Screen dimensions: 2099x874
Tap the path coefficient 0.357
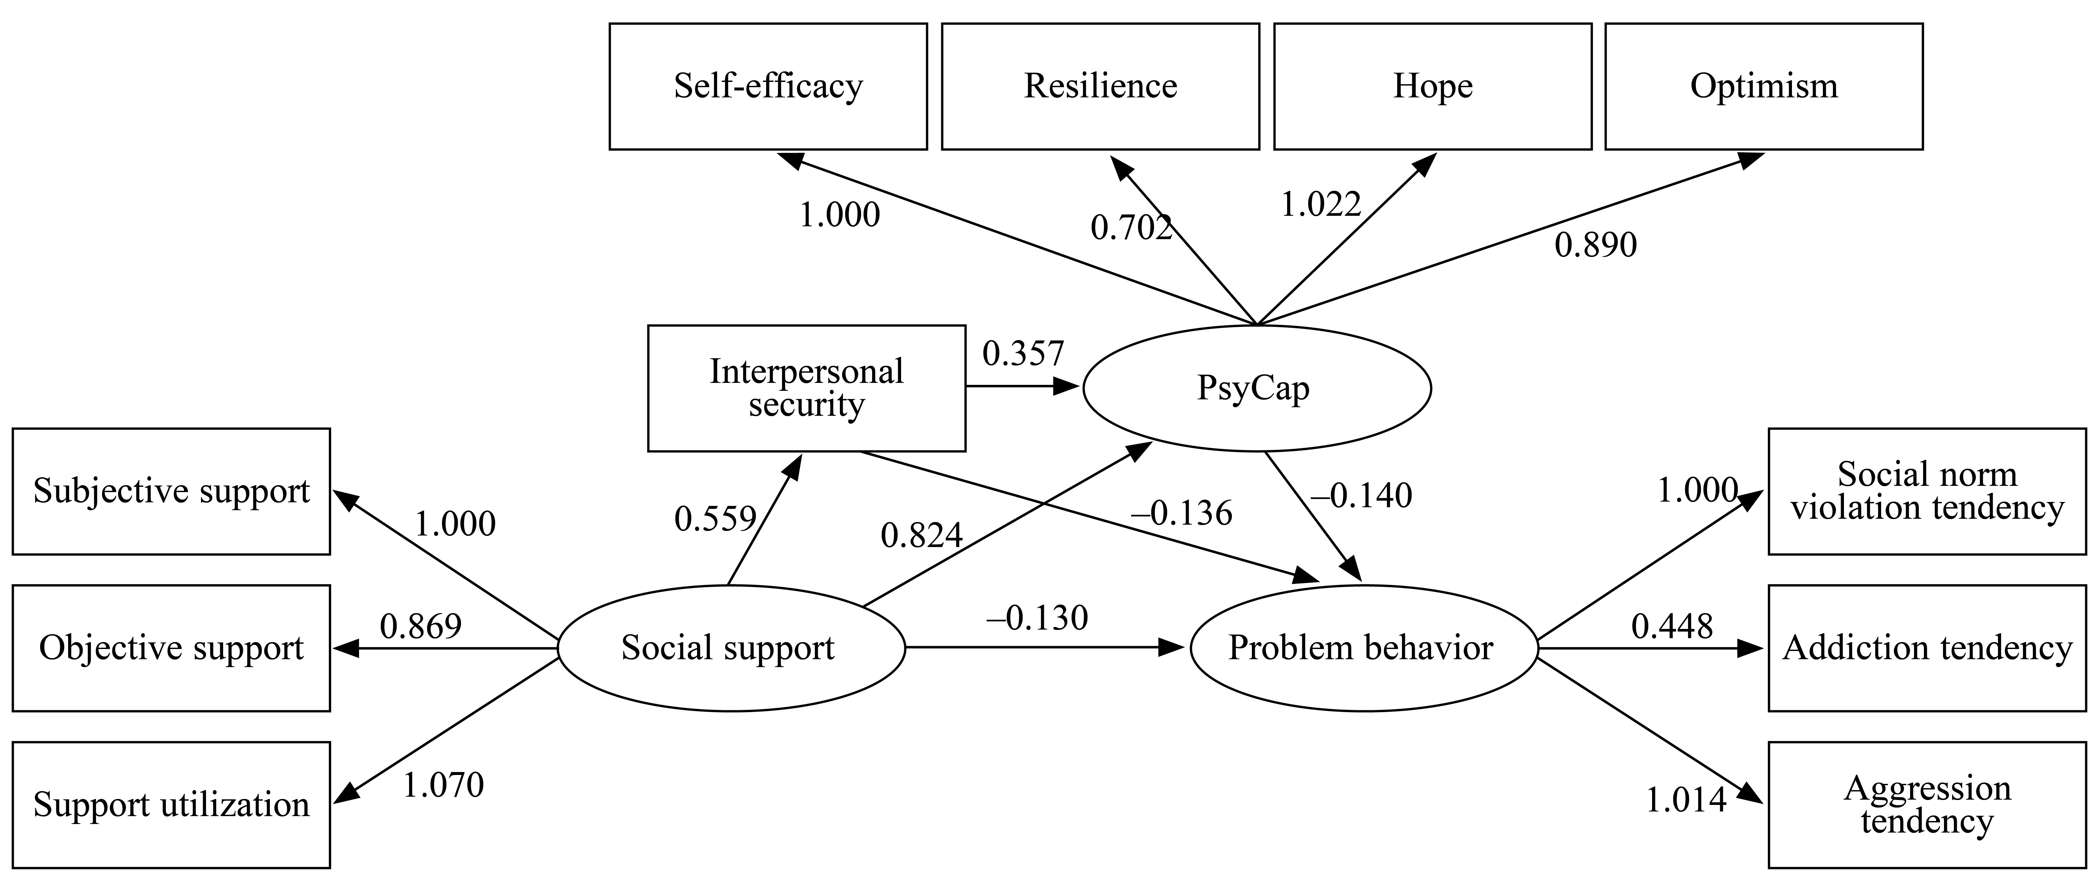pyautogui.click(x=1024, y=354)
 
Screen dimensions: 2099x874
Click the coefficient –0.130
pyautogui.click(x=1037, y=618)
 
